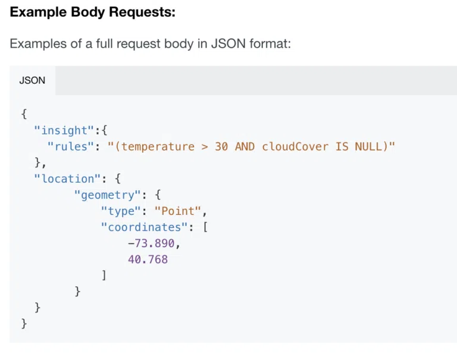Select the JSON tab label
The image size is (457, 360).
tap(32, 80)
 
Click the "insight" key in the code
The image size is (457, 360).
tap(64, 130)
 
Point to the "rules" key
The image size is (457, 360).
tap(71, 146)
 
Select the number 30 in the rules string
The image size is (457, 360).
tap(221, 146)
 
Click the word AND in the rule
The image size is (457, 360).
tap(245, 146)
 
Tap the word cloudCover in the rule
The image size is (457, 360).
tap(295, 146)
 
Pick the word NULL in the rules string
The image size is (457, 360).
tap(368, 146)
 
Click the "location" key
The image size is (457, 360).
tap(67, 179)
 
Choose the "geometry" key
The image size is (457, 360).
tap(108, 195)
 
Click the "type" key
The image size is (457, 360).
tap(121, 211)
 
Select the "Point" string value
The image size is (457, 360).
tap(178, 211)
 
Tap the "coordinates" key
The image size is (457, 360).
tap(144, 227)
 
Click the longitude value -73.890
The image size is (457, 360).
tap(151, 243)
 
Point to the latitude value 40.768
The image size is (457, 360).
tap(148, 259)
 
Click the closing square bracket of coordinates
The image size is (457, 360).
tap(104, 275)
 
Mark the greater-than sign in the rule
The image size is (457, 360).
tap(205, 146)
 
